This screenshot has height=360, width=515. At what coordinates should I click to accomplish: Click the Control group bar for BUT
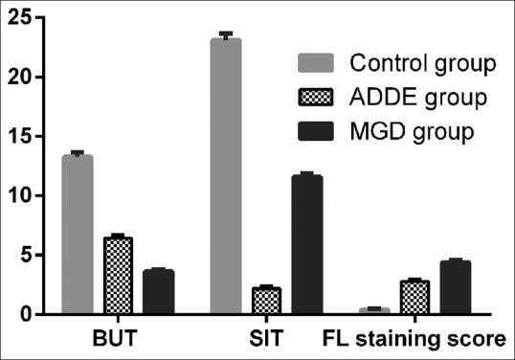[78, 235]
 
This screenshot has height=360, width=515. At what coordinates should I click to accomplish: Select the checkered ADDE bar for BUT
[117, 276]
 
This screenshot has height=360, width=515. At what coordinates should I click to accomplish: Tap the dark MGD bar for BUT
[158, 292]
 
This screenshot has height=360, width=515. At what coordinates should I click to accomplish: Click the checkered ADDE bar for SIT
[266, 301]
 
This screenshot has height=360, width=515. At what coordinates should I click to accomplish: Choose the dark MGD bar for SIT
[307, 245]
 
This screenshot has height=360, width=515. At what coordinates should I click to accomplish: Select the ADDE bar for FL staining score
[414, 298]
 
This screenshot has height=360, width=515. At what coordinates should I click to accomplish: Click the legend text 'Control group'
[421, 65]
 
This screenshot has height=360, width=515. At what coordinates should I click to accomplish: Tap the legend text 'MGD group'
[411, 130]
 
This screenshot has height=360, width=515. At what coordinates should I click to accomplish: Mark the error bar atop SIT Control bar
[226, 35]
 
